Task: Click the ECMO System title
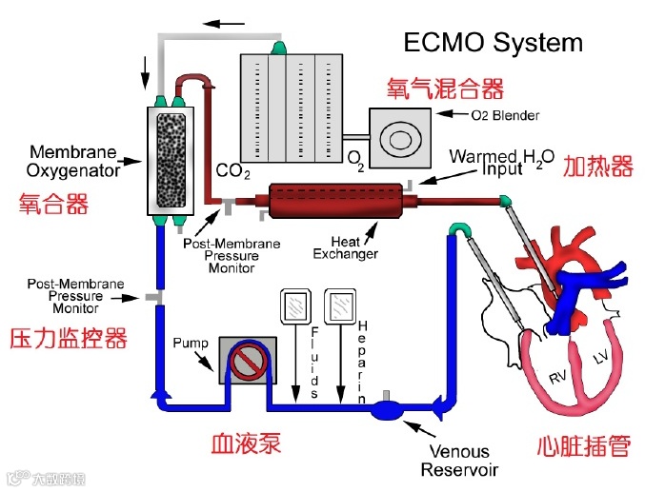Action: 493,43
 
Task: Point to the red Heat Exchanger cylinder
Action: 337,202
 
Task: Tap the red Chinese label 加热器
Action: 597,167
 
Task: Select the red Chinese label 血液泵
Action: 245,443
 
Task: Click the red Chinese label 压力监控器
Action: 68,338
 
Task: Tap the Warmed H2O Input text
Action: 500,162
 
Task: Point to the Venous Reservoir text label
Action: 459,461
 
